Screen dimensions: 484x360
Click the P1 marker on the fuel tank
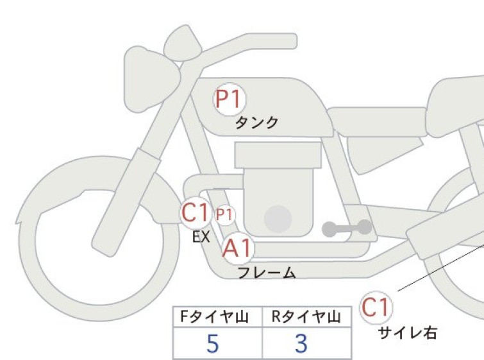click(229, 99)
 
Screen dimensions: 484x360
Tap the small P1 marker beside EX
click(224, 214)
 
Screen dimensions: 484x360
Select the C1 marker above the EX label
click(195, 212)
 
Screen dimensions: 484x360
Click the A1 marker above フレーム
click(238, 248)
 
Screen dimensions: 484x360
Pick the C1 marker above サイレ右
click(376, 307)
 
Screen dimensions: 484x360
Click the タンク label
click(257, 123)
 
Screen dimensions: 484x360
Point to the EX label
click(201, 237)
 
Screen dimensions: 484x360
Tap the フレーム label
click(267, 273)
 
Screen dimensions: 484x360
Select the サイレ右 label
click(408, 333)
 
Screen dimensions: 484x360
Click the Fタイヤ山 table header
click(215, 317)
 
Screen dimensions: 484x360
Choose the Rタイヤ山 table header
click(306, 317)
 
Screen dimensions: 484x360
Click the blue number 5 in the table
click(213, 343)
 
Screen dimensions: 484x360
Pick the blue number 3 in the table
click(301, 343)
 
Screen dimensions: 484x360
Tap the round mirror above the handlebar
click(183, 42)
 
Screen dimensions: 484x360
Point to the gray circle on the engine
click(278, 219)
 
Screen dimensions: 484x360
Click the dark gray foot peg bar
click(347, 228)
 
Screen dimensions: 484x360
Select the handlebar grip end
click(288, 41)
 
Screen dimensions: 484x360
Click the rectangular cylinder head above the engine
click(278, 155)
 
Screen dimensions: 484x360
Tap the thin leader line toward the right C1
click(441, 268)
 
